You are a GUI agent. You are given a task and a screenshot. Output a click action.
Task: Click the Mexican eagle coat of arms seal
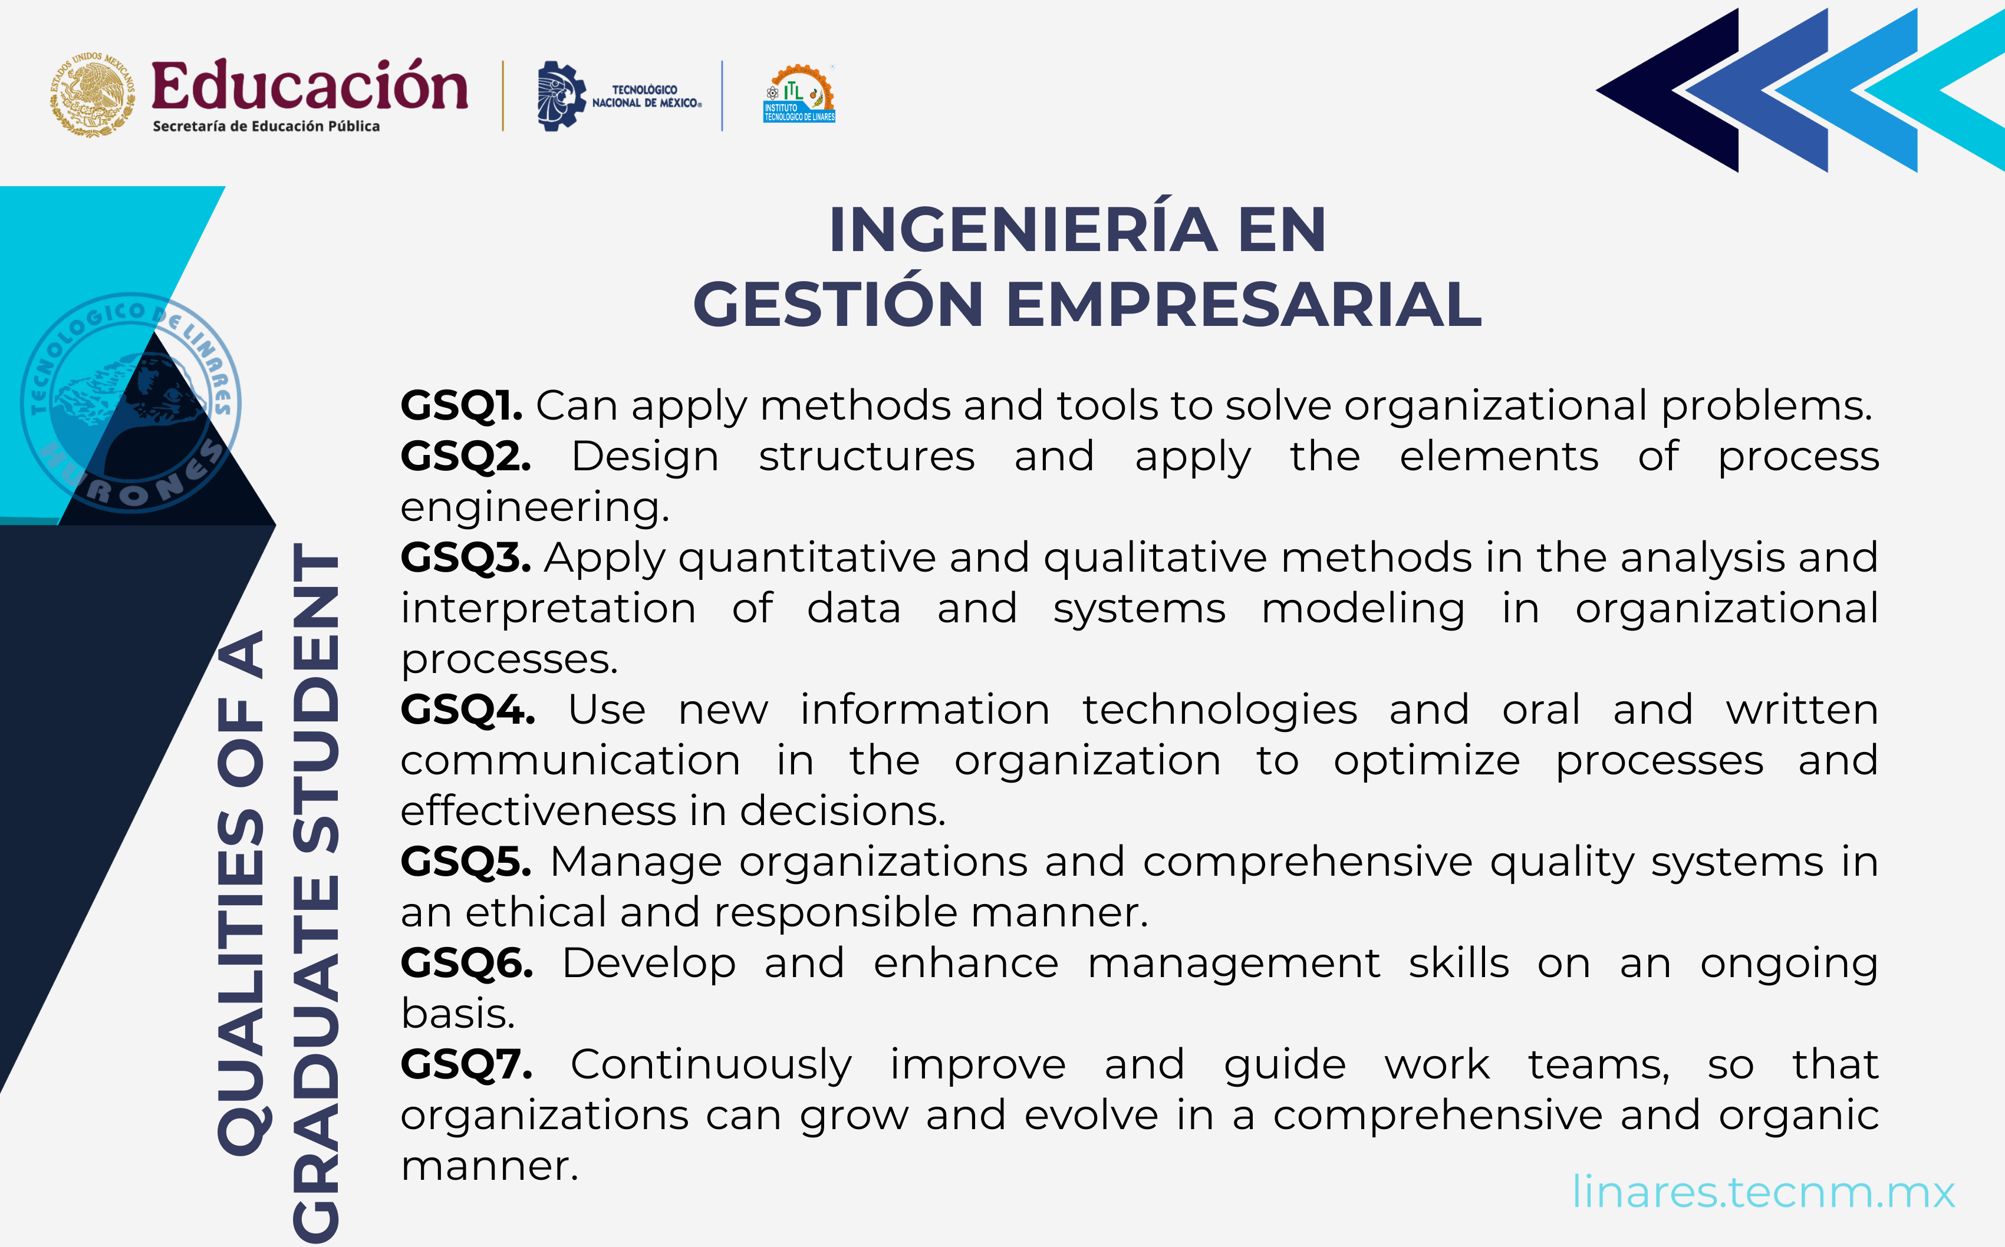[93, 95]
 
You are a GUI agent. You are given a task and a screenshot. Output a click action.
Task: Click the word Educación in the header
[310, 86]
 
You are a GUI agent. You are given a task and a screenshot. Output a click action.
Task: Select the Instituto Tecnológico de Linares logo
[798, 94]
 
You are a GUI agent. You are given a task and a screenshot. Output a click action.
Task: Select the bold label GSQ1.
[461, 406]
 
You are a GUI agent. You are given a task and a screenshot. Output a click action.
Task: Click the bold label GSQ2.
[465, 457]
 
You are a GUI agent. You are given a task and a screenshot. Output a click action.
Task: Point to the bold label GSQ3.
[465, 558]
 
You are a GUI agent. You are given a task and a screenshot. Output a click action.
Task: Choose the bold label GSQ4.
[467, 710]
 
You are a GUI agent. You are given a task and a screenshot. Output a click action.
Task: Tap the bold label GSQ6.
[466, 964]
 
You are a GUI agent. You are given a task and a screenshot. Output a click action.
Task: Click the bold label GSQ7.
[466, 1065]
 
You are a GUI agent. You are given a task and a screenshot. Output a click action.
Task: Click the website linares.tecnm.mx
[1763, 1192]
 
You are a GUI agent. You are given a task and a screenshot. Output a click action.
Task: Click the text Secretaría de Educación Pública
[265, 126]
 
